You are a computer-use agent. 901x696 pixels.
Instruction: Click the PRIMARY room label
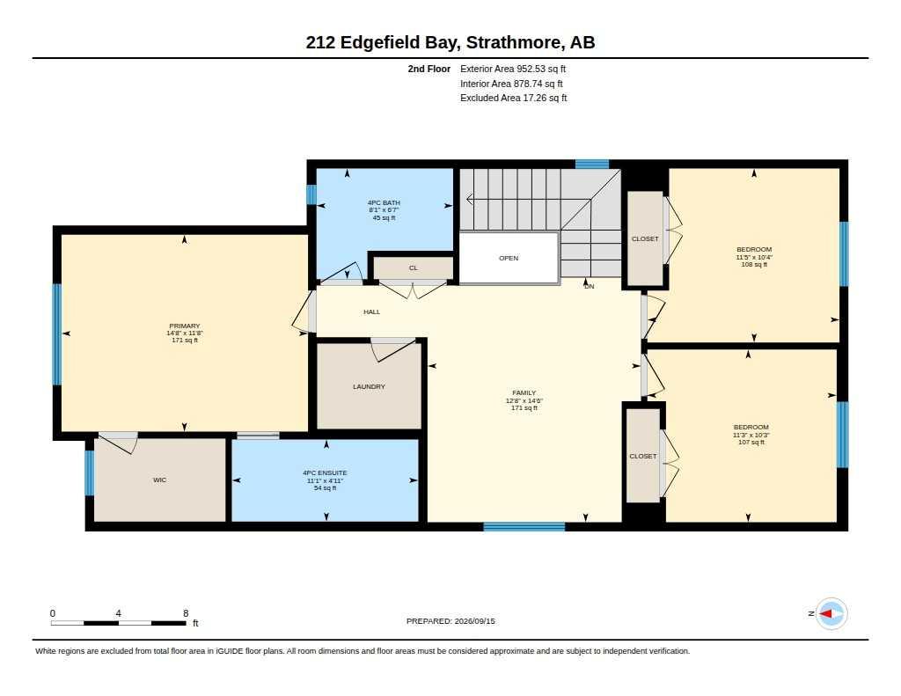click(x=185, y=326)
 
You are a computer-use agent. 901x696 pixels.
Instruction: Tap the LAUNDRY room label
click(x=369, y=387)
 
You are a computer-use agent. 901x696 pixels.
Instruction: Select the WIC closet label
click(x=160, y=480)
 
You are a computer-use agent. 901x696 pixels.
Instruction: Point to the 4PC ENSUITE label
click(x=325, y=473)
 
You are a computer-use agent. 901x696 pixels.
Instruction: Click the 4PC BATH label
click(x=384, y=203)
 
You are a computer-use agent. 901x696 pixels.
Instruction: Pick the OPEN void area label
click(x=509, y=258)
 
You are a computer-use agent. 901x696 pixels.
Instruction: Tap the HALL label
click(x=372, y=311)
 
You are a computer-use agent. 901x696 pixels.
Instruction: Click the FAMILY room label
click(x=524, y=393)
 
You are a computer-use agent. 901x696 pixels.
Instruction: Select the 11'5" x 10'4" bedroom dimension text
click(x=754, y=257)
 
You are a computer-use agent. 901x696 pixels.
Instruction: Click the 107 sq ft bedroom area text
click(x=751, y=442)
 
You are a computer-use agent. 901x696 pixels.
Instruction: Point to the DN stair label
click(x=589, y=286)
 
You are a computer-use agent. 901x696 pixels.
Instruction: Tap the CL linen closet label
click(x=414, y=267)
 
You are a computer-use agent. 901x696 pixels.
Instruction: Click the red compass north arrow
click(x=825, y=614)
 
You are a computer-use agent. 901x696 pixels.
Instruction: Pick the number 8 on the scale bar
click(x=186, y=613)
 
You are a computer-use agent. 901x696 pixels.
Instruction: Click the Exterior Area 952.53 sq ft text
click(x=513, y=69)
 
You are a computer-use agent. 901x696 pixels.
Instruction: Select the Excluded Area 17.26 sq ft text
click(x=514, y=99)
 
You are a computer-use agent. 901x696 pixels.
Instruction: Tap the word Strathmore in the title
click(x=513, y=42)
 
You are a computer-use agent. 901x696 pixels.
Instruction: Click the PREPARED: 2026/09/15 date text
click(x=450, y=621)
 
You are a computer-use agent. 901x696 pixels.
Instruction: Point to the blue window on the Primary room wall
click(x=57, y=334)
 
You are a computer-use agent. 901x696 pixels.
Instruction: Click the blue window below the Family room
click(x=524, y=526)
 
